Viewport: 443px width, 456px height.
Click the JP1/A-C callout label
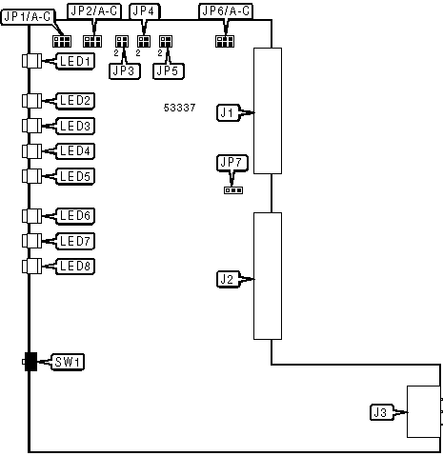tap(28, 17)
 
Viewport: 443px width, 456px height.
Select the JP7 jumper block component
tap(233, 190)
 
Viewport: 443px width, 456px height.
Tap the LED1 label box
tap(75, 61)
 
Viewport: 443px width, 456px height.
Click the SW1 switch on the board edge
tap(30, 362)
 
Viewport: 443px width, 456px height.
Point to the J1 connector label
tap(228, 112)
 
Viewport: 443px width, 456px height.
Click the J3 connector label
tap(381, 412)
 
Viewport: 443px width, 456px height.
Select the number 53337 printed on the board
tap(179, 108)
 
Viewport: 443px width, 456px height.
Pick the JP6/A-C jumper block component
tap(225, 41)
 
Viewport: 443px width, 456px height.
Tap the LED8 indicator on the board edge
tap(31, 266)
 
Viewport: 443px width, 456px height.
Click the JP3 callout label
tap(125, 71)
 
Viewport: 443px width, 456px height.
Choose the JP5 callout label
tap(169, 71)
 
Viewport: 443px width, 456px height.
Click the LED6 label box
tap(75, 216)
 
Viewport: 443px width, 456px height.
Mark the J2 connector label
tap(228, 279)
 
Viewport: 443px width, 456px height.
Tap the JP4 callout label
tap(145, 11)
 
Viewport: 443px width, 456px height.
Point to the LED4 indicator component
tap(31, 151)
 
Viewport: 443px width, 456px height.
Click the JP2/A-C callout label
tap(94, 11)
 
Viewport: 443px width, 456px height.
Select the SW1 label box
tap(68, 362)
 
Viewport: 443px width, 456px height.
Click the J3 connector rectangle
tap(424, 411)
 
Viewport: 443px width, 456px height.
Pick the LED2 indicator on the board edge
tap(31, 101)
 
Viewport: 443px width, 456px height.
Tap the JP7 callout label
tap(232, 163)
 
